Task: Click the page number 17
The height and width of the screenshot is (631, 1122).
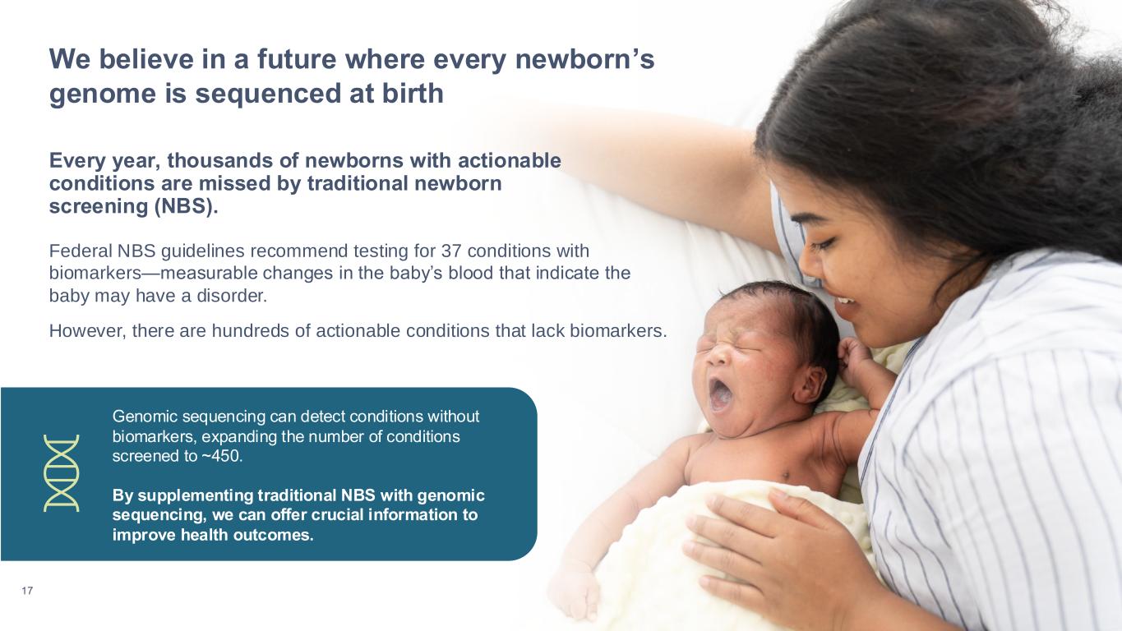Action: coord(27,591)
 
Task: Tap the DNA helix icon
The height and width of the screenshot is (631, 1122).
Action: coord(61,473)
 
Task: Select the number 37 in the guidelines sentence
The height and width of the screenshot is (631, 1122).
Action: coord(451,251)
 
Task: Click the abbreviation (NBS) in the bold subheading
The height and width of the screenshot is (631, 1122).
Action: coord(187,206)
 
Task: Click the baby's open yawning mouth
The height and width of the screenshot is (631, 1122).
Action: coord(721,394)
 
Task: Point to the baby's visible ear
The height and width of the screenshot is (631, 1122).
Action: coord(810,385)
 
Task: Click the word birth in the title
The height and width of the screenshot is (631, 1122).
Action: coord(413,94)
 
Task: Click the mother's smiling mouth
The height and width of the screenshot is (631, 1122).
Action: coord(845,303)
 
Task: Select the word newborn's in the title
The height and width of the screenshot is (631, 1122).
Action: coord(585,59)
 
